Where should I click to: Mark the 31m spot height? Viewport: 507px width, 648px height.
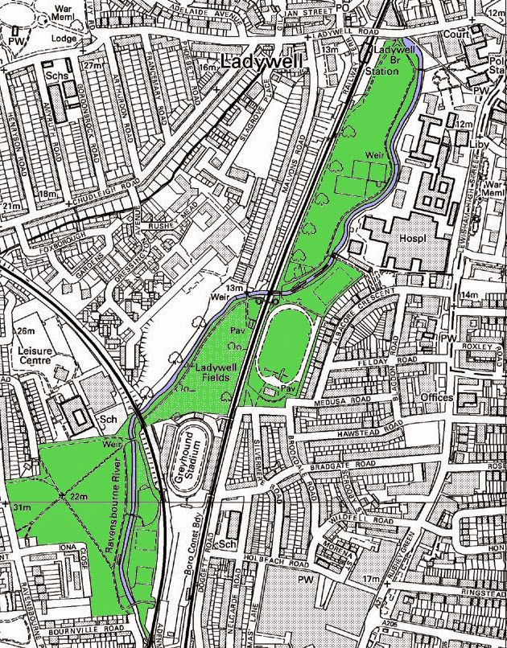point(21,507)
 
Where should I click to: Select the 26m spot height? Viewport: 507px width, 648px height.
point(25,331)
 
